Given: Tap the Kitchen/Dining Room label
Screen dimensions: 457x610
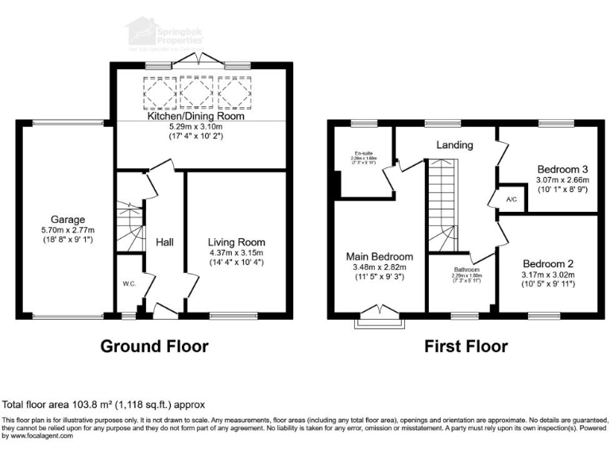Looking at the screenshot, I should (195, 116).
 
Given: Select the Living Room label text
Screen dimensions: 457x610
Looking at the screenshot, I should (237, 242).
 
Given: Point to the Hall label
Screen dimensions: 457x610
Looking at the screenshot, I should (165, 242).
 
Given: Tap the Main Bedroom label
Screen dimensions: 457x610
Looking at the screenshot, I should (379, 256).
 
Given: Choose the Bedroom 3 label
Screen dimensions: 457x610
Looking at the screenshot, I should (562, 169).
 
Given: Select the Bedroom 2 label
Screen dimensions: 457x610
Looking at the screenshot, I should (547, 263).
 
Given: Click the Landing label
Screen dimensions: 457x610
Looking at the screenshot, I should (454, 145).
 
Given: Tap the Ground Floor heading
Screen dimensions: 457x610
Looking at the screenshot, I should (154, 347).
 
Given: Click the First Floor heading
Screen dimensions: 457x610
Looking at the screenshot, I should (465, 347).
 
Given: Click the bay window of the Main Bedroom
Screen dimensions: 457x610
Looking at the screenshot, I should (380, 318).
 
